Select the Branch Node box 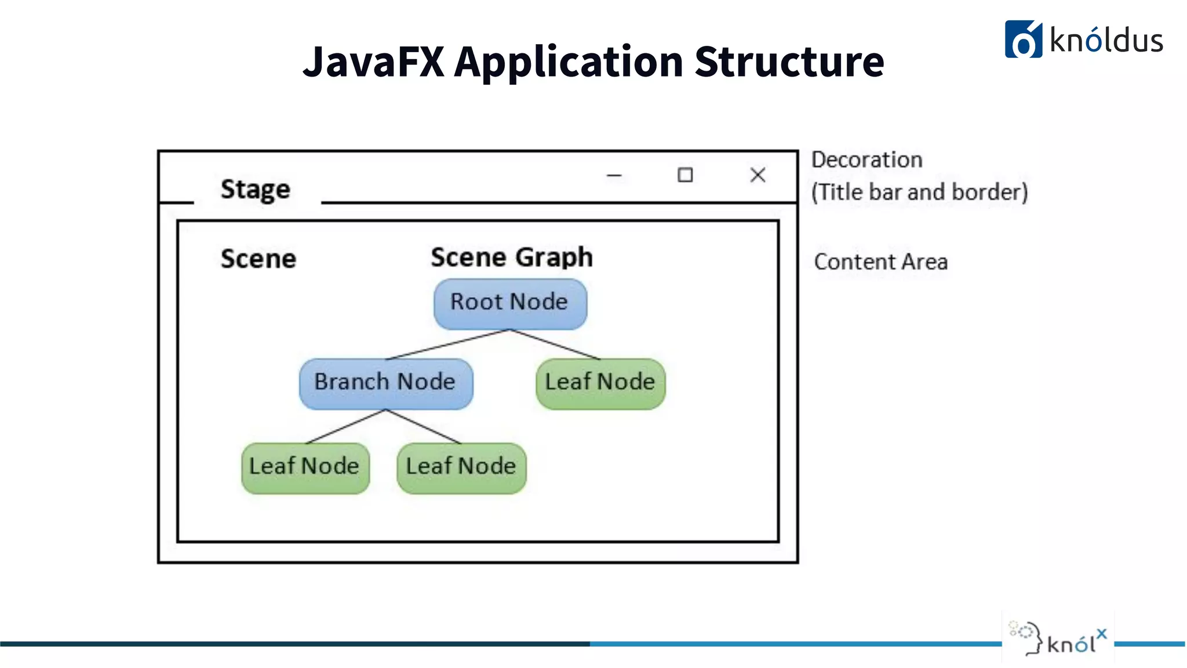(x=385, y=383)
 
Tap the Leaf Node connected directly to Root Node (x=600, y=383)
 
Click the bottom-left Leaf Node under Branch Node (x=305, y=468)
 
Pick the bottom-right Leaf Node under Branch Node (x=461, y=468)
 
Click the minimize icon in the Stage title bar (x=614, y=175)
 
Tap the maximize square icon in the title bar (x=685, y=175)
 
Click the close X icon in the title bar (x=758, y=175)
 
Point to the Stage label (x=255, y=190)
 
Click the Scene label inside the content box (x=258, y=259)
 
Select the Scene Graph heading (x=512, y=257)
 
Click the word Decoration (x=866, y=160)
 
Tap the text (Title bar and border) (x=919, y=193)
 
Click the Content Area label (x=881, y=262)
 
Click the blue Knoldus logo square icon (x=1023, y=39)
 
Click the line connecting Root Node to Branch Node (x=447, y=345)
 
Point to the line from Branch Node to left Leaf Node (x=345, y=427)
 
